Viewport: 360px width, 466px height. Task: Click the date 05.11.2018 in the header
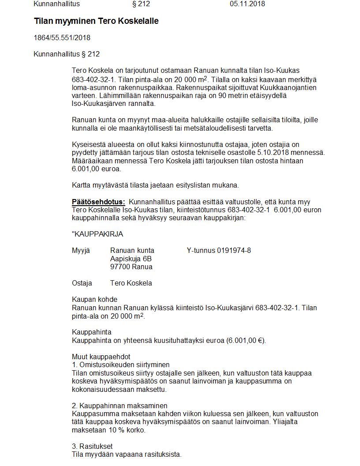coord(247,4)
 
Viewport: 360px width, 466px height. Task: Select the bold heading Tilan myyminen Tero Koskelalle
coord(96,21)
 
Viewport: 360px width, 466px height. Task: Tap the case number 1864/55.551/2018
coord(62,38)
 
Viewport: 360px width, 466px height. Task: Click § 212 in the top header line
coord(141,4)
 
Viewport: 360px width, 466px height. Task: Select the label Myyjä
coord(81,251)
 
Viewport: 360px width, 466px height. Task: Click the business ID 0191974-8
coord(234,251)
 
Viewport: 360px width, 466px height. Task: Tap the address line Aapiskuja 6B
coord(131,259)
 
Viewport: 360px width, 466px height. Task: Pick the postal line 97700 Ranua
coord(131,267)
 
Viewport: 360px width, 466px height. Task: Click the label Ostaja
coord(82,283)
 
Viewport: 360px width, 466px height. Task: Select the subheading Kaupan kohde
coord(94,300)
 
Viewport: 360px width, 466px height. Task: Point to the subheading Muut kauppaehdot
coord(101,357)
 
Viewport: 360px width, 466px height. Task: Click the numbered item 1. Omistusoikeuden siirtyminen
coord(120,365)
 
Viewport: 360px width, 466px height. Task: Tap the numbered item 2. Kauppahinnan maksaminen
coord(120,406)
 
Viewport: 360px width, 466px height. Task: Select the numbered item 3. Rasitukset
coord(92,447)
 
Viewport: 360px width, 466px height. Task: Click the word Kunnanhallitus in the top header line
coord(57,4)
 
